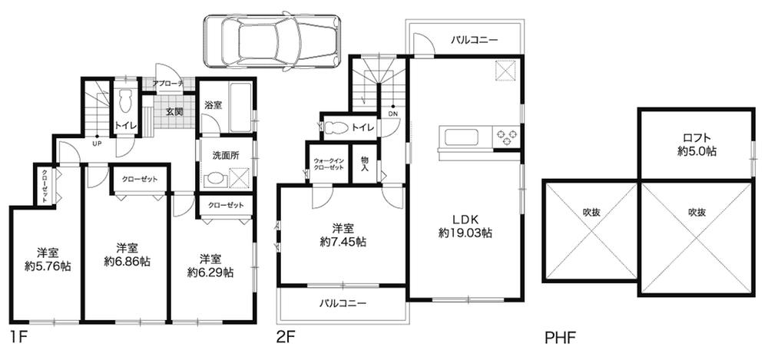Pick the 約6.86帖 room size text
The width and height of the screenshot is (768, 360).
point(127,262)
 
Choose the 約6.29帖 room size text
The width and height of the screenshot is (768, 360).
point(210,272)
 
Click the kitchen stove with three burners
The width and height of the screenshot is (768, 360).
point(505,137)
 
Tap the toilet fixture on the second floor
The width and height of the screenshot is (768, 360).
point(336,128)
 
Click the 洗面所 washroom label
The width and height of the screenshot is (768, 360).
point(225,154)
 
